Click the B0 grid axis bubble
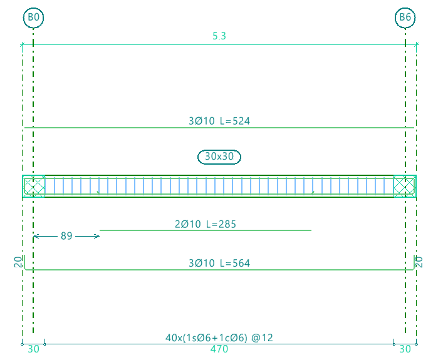pos(33,18)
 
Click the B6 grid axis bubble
pos(405,18)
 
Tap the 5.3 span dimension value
pos(219,36)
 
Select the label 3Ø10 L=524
pos(219,121)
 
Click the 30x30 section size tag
pos(219,157)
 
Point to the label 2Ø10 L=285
pos(206,224)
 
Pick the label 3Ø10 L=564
pos(219,263)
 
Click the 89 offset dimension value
pos(66,236)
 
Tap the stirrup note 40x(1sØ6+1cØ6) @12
pos(219,338)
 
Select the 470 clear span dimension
pos(219,349)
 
